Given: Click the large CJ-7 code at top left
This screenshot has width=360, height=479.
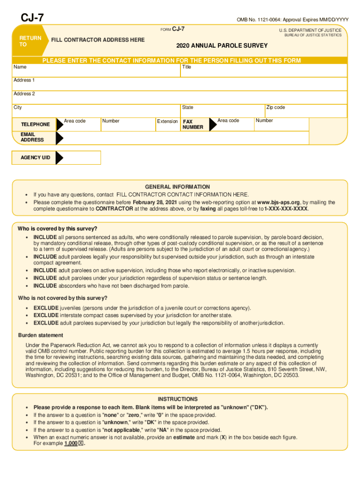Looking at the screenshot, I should tap(32, 18).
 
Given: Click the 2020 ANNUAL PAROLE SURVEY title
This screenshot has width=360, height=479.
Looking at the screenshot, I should tap(222, 45).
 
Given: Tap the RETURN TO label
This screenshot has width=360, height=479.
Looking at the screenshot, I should tap(30, 41).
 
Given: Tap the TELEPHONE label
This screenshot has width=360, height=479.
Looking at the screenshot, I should tap(35, 124).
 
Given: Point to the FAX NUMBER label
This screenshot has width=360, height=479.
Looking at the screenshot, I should tap(193, 124).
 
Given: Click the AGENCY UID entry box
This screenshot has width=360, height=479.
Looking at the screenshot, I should tap(81, 158).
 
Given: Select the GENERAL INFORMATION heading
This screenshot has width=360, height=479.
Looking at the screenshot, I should tap(177, 187).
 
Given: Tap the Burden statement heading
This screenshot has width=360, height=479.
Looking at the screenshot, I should tap(41, 335).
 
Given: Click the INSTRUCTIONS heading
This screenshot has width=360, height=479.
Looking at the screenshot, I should tap(177, 399).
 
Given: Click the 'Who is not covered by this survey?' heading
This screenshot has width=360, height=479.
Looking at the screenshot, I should tap(63, 298).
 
